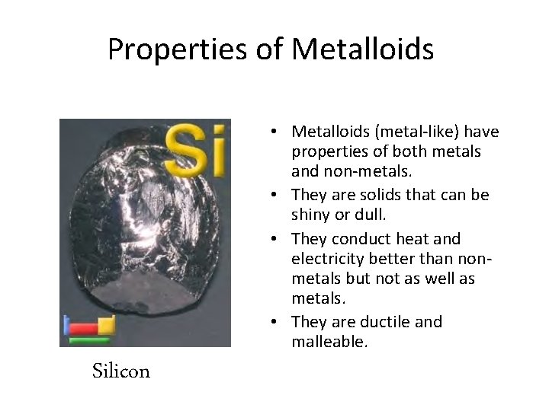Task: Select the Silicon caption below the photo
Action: (120, 371)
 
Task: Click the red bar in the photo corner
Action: (84, 328)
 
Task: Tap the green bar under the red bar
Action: (89, 339)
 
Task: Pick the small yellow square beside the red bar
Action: (107, 325)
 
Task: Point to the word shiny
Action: (313, 215)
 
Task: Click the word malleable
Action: (329, 342)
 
